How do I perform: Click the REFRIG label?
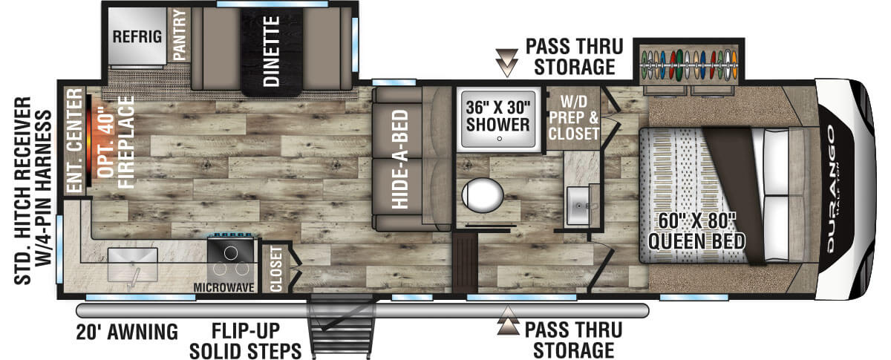pyautogui.click(x=137, y=36)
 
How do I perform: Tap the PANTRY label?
pyautogui.click(x=180, y=35)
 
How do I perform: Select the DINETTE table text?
pyautogui.click(x=272, y=51)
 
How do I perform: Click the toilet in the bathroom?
pyautogui.click(x=483, y=195)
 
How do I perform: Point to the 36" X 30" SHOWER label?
pyautogui.click(x=498, y=116)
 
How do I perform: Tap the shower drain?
pyautogui.click(x=499, y=139)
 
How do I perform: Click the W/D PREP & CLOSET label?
pyautogui.click(x=573, y=118)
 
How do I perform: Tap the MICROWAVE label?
pyautogui.click(x=224, y=287)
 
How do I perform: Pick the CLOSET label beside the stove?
pyautogui.click(x=275, y=268)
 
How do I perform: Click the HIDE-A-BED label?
pyautogui.click(x=399, y=159)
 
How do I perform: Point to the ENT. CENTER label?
pyautogui.click(x=74, y=140)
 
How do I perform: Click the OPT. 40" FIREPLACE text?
pyautogui.click(x=116, y=143)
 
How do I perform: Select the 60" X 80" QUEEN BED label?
pyautogui.click(x=696, y=232)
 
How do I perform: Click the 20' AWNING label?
pyautogui.click(x=127, y=332)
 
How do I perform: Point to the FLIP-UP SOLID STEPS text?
pyautogui.click(x=246, y=341)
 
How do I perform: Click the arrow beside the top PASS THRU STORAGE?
pyautogui.click(x=506, y=62)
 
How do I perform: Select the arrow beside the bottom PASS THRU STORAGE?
pyautogui.click(x=508, y=320)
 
